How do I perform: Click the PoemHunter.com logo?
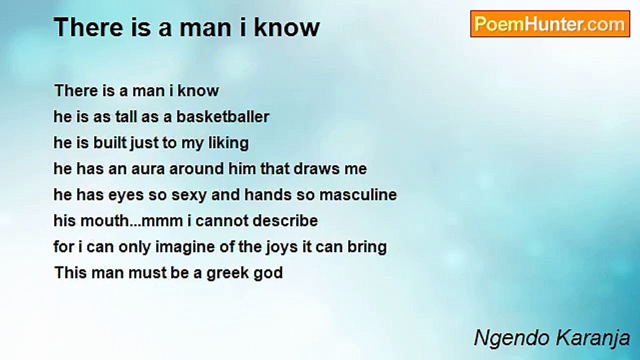pos(550,24)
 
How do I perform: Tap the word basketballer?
pos(222,116)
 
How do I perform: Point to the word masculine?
pos(358,194)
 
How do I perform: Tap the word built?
pos(109,142)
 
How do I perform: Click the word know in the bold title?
pos(286,27)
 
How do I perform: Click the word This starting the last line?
pos(70,272)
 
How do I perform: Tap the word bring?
pos(367,247)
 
